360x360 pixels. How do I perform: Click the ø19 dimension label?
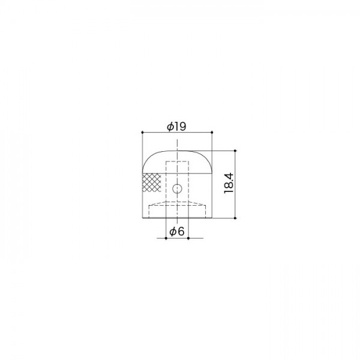coord(176,127)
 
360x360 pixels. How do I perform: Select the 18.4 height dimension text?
coord(229,184)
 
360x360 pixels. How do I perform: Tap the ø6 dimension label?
coord(177,232)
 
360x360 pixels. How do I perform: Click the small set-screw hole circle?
coord(177,189)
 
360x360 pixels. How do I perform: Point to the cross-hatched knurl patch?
coord(152,182)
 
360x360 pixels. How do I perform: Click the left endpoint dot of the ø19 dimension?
coord(142,132)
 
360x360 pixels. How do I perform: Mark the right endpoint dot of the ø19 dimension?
coord(212,132)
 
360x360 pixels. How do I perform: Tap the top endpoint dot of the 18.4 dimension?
coord(235,151)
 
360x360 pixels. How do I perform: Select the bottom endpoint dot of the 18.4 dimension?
coord(235,218)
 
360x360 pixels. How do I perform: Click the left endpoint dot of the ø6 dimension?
coord(166,238)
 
